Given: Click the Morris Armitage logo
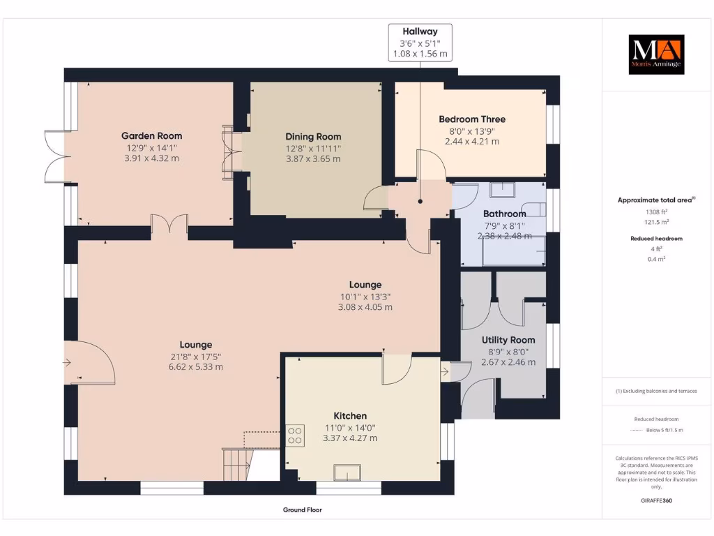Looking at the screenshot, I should coord(656,54).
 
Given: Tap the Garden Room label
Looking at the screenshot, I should coord(151,136).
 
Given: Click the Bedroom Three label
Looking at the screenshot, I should coord(472,119).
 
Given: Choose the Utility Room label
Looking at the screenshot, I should coord(508,340).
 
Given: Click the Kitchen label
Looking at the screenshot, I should coord(349,416).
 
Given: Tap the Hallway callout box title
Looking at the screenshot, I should coord(420,31).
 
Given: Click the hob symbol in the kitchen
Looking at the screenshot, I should coord(295,435).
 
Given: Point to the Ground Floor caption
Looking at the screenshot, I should coord(303,510).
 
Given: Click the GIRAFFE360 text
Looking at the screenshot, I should coord(656,500).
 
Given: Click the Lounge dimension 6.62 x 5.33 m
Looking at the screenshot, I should coord(195,367).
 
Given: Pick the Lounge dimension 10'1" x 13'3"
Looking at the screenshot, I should coord(365,296).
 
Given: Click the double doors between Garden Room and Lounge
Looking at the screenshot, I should coord(169,225).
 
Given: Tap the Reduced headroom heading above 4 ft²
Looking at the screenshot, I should coord(655,239).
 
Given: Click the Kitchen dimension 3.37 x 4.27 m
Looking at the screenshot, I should coord(349,438).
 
